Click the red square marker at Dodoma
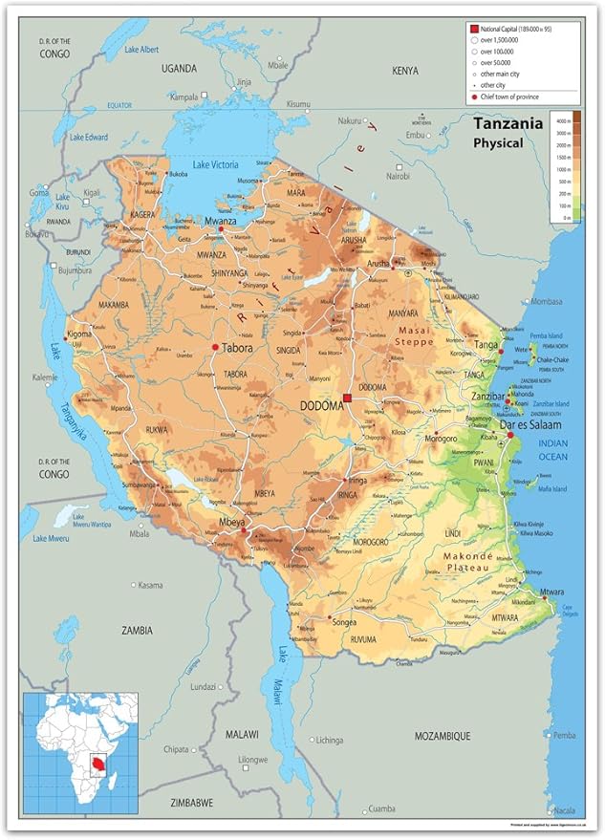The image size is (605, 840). click(x=348, y=398)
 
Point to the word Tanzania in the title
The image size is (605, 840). click(x=508, y=123)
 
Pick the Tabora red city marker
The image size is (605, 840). click(x=215, y=348)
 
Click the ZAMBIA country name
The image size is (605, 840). click(x=137, y=630)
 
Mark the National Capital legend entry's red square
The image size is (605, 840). click(x=472, y=30)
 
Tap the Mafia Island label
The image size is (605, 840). click(x=552, y=489)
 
